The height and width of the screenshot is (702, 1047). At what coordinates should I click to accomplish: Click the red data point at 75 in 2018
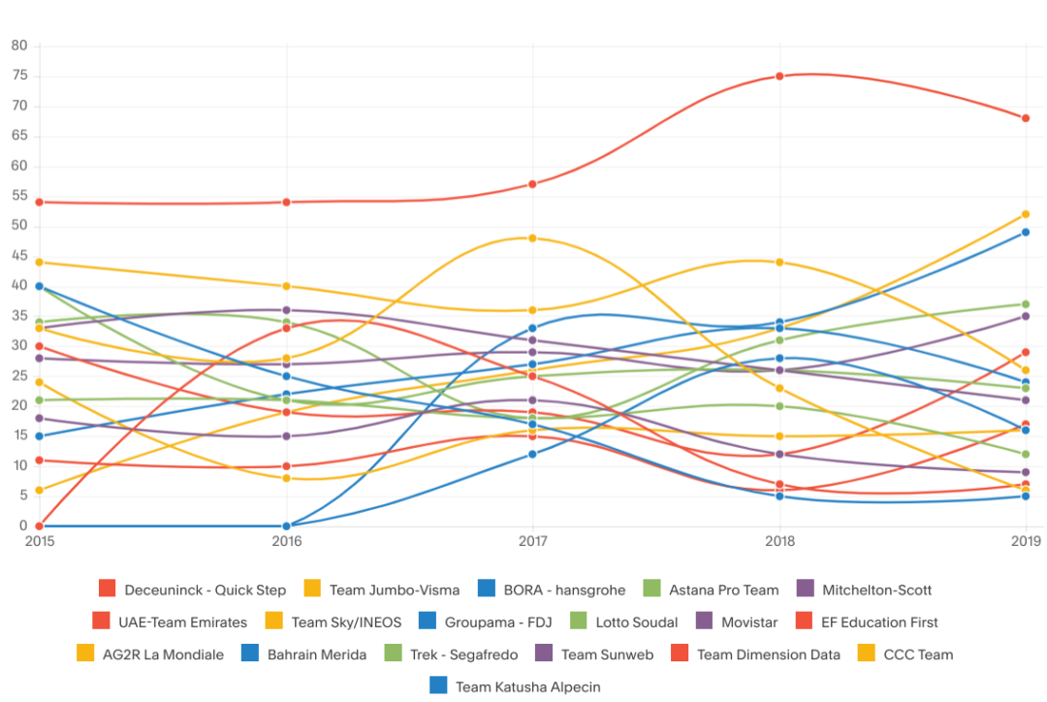(x=779, y=77)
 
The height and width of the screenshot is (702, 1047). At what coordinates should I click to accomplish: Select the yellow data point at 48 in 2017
(x=532, y=239)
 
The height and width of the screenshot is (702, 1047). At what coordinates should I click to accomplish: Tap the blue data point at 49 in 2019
(x=1026, y=233)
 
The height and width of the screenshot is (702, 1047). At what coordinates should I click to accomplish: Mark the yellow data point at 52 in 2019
(x=1026, y=214)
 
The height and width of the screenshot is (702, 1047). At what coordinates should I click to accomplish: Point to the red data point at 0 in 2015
(x=39, y=526)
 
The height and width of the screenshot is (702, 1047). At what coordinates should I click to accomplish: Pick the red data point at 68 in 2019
(x=1026, y=118)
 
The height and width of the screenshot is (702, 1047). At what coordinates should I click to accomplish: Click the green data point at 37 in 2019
(x=1026, y=304)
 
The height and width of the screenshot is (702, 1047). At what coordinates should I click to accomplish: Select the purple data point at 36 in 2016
(x=286, y=310)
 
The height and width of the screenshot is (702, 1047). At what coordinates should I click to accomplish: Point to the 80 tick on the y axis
(x=19, y=47)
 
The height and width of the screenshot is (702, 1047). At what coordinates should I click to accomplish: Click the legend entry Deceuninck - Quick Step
(x=205, y=590)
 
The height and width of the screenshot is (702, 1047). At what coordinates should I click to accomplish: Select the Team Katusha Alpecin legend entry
(x=527, y=686)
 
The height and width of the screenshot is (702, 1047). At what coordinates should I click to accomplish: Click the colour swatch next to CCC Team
(x=866, y=654)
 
